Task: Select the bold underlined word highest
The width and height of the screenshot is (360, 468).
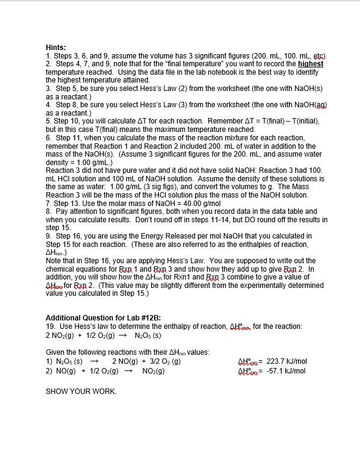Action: (x=311, y=63)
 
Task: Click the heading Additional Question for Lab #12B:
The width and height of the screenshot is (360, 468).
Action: (x=103, y=318)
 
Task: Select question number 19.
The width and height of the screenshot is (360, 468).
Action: (x=50, y=326)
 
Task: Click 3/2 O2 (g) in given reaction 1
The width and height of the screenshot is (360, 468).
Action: (x=162, y=362)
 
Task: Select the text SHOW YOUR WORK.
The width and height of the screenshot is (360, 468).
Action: (x=81, y=391)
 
